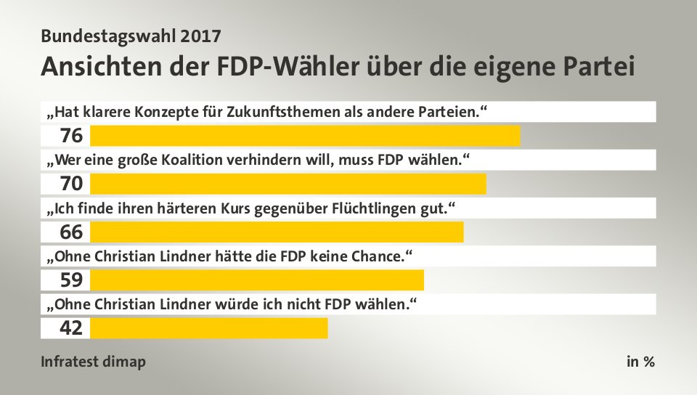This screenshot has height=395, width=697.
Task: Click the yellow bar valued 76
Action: [x=305, y=136]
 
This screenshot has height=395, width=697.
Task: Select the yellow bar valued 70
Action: [x=288, y=184]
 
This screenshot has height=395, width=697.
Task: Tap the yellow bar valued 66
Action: [x=277, y=232]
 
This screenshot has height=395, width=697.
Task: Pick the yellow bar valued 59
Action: [x=257, y=280]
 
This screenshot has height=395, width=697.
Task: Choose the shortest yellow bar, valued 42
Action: [x=209, y=327]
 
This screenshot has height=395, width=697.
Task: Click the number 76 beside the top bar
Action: [x=71, y=136]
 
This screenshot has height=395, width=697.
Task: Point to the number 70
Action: [x=71, y=184]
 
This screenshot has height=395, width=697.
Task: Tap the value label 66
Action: [x=71, y=232]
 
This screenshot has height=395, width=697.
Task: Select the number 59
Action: [x=71, y=280]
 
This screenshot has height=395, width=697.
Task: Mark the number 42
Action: [x=71, y=327]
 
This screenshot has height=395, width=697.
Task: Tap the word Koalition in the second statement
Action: [x=236, y=160]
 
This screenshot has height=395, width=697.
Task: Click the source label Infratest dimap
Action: [x=93, y=362]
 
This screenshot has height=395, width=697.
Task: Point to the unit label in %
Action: [x=640, y=362]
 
